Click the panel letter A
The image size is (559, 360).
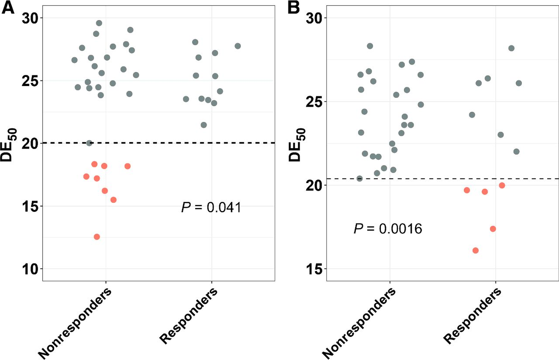8,9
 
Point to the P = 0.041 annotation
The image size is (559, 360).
211,207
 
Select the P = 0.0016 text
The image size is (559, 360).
388,228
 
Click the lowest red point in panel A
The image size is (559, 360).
97,237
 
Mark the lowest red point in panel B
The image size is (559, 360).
476,250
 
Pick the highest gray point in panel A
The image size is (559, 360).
99,23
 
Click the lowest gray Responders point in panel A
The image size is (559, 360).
204,125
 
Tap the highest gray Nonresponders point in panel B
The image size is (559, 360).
370,46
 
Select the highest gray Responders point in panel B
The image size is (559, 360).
511,48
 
